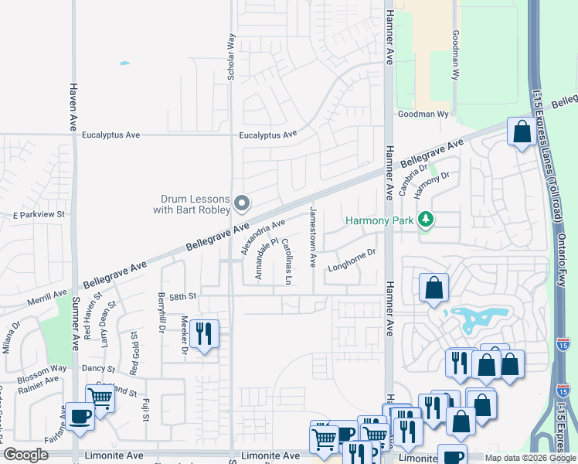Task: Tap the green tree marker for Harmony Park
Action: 424,220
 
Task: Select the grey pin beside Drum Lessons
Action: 242,204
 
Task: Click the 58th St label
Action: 184,296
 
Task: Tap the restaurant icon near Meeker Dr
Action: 204,334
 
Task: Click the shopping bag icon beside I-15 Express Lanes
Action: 522,131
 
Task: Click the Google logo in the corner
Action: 25,455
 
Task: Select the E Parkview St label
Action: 38,213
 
